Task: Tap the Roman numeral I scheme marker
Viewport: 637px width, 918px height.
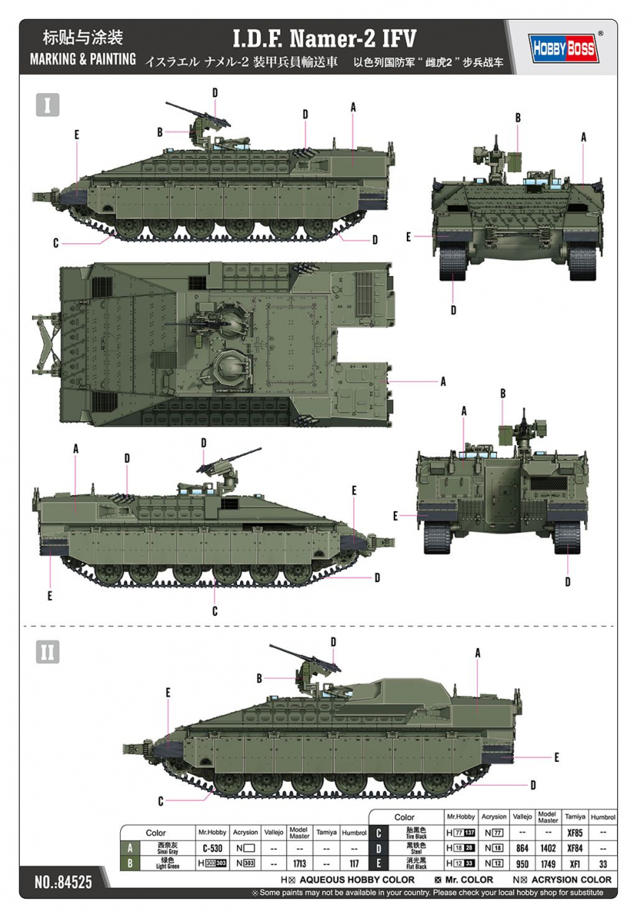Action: pos(47,105)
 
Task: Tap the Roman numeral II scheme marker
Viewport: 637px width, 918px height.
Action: pos(47,651)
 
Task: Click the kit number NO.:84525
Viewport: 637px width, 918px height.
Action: pos(63,882)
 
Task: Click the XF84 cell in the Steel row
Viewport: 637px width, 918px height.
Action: pos(575,848)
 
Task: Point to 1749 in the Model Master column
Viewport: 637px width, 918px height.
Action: pos(548,864)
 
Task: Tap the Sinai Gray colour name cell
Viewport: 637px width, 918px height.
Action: pos(167,848)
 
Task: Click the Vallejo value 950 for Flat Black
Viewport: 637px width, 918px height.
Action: pos(522,864)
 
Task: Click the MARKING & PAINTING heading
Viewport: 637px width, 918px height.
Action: pos(83,59)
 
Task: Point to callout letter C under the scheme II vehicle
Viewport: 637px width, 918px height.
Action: pos(161,801)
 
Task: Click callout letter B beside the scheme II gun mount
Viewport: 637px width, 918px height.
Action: pos(259,678)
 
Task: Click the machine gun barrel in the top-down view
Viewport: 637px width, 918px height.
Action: pos(184,323)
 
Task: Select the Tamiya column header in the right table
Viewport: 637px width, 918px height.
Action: pos(575,816)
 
